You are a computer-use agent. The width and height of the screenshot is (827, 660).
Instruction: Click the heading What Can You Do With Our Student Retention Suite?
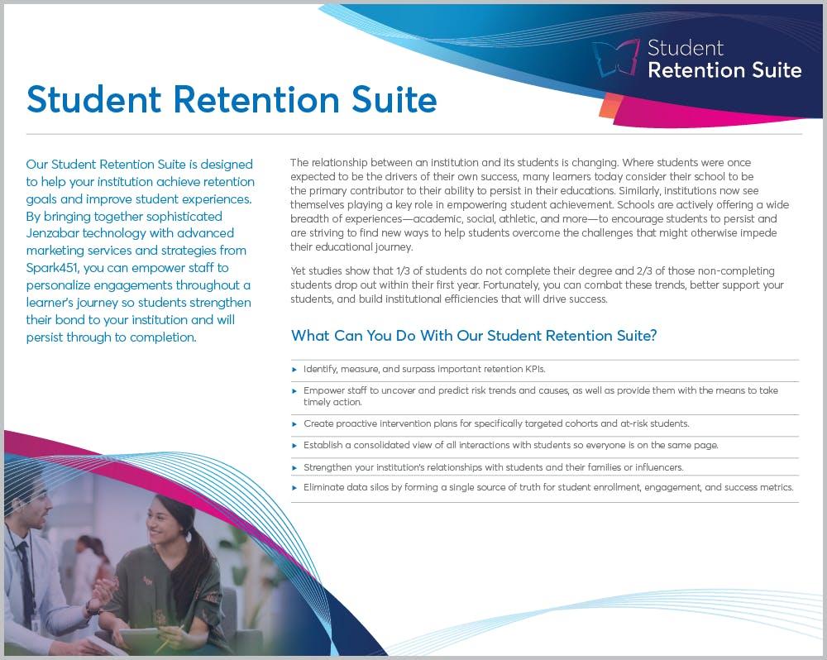(474, 336)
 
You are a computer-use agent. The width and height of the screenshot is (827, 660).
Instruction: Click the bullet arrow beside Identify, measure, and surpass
(294, 369)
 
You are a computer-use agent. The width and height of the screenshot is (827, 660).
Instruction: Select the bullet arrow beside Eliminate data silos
(294, 488)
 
